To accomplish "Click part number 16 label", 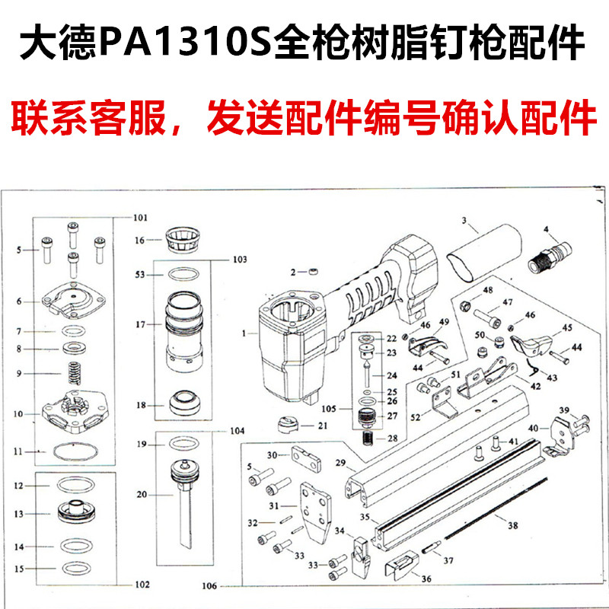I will point(139,241).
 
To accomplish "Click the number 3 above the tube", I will point(463,221).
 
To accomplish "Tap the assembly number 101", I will point(139,218).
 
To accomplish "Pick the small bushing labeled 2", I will point(312,272).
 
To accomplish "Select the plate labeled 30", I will point(307,458).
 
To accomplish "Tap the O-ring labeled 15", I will point(74,568).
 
